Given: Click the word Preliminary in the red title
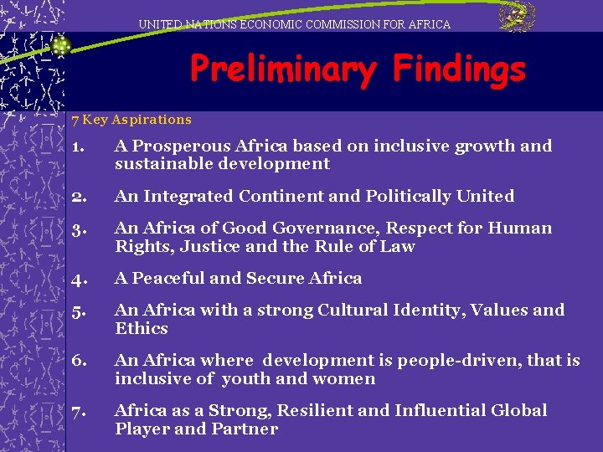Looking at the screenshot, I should (282, 69).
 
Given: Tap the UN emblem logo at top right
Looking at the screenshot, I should (517, 18).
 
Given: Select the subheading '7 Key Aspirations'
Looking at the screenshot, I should (131, 120).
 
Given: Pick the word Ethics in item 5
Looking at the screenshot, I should (142, 328).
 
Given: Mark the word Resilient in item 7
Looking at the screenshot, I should (318, 410).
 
